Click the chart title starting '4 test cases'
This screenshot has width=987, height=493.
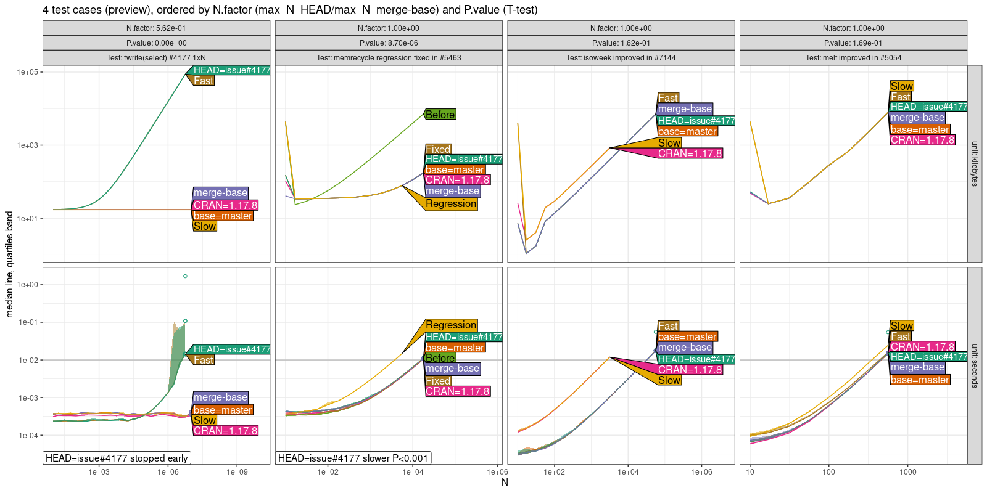click(290, 10)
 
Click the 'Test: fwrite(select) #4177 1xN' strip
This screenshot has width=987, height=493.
click(156, 58)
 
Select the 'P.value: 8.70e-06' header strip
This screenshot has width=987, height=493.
click(389, 43)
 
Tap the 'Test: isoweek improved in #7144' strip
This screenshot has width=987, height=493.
click(621, 58)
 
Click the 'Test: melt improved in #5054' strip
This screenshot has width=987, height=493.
click(853, 58)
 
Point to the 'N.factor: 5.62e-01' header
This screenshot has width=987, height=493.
click(156, 28)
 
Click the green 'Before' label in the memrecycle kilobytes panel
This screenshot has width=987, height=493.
click(440, 115)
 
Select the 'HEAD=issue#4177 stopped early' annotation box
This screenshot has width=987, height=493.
click(117, 458)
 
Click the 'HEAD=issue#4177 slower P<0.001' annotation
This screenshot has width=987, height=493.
click(353, 458)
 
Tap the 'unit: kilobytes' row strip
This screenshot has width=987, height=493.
click(975, 164)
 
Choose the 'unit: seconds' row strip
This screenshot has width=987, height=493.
click(975, 365)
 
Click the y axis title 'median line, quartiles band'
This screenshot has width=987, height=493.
click(9, 264)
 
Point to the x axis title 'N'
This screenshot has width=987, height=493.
click(505, 482)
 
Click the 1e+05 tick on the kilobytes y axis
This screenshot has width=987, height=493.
click(28, 72)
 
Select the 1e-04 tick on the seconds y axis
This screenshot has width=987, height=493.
click(28, 435)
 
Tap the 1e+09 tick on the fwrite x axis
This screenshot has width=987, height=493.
click(237, 472)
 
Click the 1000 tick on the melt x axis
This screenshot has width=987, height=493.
click(907, 472)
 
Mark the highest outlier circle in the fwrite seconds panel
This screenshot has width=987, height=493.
click(185, 276)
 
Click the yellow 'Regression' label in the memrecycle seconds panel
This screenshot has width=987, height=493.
click(451, 325)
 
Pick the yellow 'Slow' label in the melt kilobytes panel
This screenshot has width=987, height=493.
click(901, 86)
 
